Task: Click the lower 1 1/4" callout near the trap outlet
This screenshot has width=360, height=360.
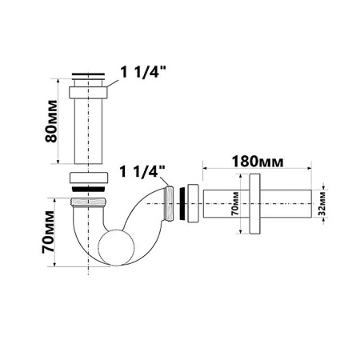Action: pos(144,172)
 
